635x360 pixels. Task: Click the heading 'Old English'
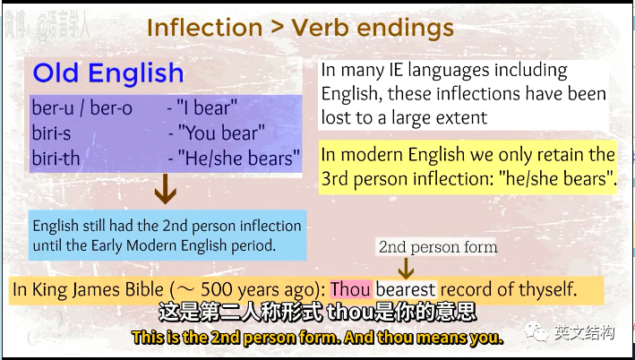(108, 73)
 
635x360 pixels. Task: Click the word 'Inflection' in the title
(204, 28)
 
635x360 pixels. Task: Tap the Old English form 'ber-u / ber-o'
(82, 108)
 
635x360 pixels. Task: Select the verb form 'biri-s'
(51, 133)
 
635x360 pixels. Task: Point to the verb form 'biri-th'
(56, 158)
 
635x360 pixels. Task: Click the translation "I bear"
(207, 108)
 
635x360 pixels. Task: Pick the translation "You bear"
(221, 133)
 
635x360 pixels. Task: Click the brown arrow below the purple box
(165, 189)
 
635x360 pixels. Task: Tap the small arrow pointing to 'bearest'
(406, 268)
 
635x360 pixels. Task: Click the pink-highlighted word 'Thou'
(351, 289)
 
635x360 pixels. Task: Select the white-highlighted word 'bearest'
(406, 289)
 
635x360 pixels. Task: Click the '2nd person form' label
(438, 247)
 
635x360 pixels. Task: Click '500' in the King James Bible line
(216, 289)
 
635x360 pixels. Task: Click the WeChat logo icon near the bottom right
(536, 332)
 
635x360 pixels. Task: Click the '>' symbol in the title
(277, 28)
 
